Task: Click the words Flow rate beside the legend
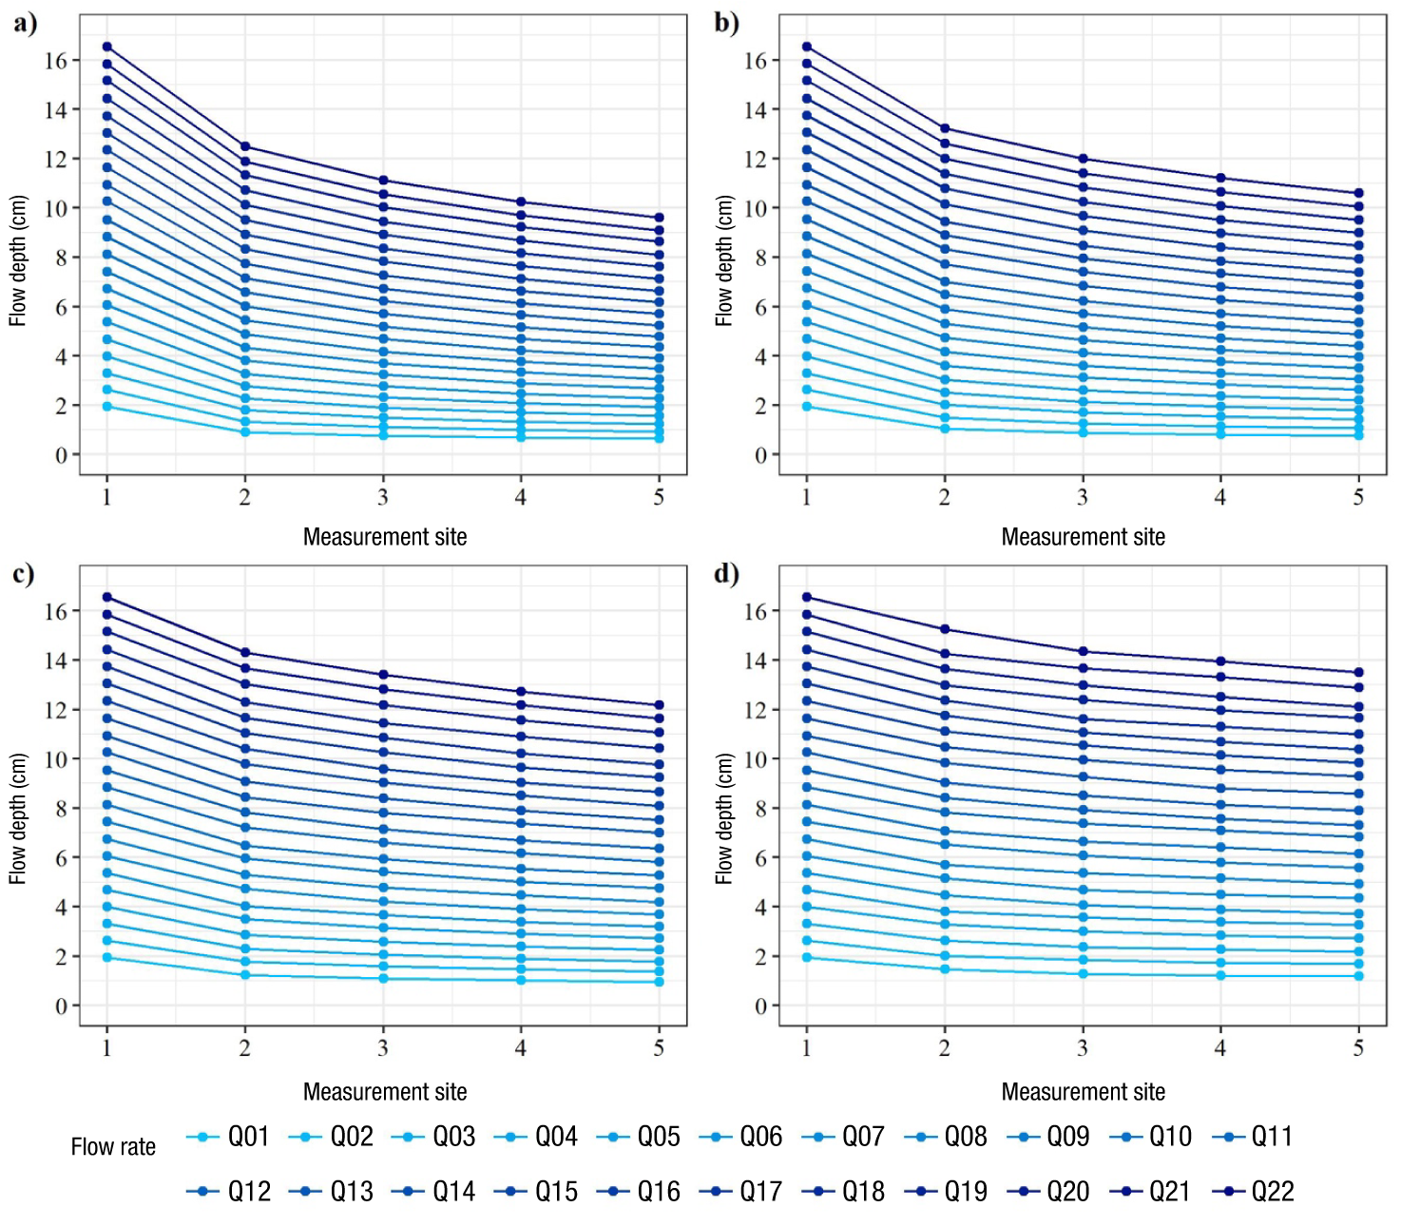pyautogui.click(x=113, y=1147)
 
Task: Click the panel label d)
pyautogui.click(x=726, y=574)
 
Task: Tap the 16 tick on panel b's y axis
pyautogui.click(x=756, y=61)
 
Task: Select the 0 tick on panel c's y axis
pyautogui.click(x=62, y=1006)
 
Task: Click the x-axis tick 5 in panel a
pyautogui.click(x=659, y=497)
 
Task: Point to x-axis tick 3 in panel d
pyautogui.click(x=1083, y=1048)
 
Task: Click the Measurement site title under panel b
pyautogui.click(x=1083, y=538)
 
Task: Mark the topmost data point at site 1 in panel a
pyautogui.click(x=107, y=47)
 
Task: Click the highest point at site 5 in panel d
pyautogui.click(x=1358, y=673)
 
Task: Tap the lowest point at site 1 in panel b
pyautogui.click(x=807, y=407)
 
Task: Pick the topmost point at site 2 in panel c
pyautogui.click(x=245, y=653)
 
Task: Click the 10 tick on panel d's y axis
pyautogui.click(x=756, y=759)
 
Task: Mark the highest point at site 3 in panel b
pyautogui.click(x=1083, y=159)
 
